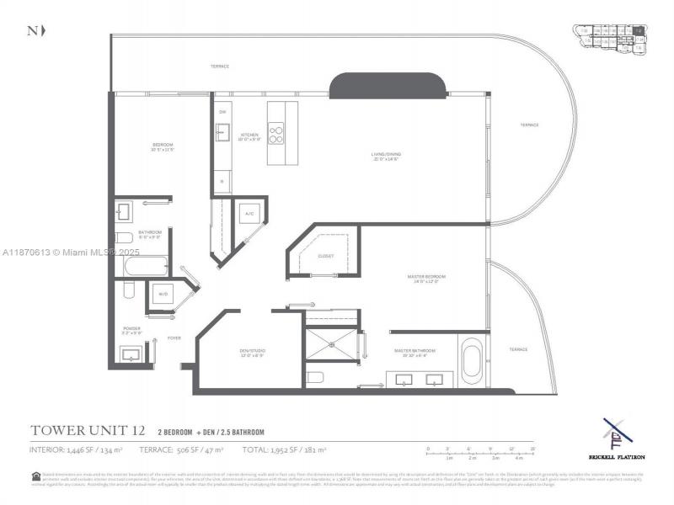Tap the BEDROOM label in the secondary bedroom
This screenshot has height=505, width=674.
[x=163, y=146]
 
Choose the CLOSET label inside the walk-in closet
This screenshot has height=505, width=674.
[x=326, y=255]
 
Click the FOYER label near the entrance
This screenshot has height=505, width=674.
[x=174, y=338]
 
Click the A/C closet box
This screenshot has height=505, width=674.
[x=249, y=215]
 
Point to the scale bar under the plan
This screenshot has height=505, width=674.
[x=480, y=453]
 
